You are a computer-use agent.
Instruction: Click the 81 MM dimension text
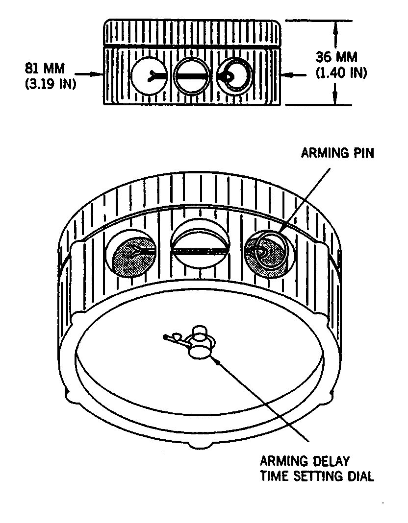pyautogui.click(x=45, y=69)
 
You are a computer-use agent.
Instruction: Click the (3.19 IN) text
pyautogui.click(x=51, y=84)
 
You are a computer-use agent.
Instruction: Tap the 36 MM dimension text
pyautogui.click(x=336, y=57)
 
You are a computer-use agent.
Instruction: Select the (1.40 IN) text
pyautogui.click(x=341, y=72)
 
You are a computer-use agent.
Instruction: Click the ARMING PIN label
pyautogui.click(x=337, y=153)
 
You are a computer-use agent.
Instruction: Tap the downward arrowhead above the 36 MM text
pyautogui.click(x=335, y=27)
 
